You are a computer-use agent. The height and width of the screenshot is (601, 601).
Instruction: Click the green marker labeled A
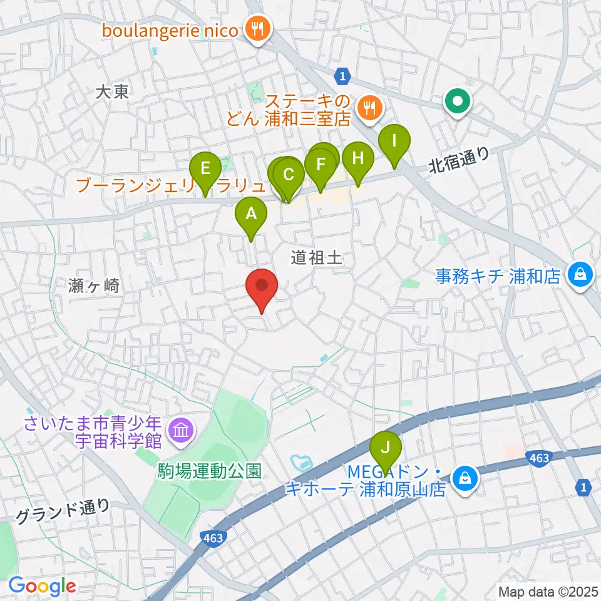[x=251, y=215]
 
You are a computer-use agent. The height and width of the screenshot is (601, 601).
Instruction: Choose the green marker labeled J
[x=386, y=448]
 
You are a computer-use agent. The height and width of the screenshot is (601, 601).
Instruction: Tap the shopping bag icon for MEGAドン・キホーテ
[x=465, y=479]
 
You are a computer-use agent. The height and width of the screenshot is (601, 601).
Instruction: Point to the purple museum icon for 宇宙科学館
[x=181, y=431]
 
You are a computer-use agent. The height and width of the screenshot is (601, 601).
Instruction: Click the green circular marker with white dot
[x=458, y=101]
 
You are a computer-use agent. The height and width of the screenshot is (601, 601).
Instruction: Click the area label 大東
[x=113, y=93]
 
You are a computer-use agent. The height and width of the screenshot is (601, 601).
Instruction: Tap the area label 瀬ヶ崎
[x=93, y=287]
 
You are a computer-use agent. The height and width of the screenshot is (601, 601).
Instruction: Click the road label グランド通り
[x=63, y=511]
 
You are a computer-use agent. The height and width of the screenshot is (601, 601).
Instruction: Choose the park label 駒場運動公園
[x=209, y=471]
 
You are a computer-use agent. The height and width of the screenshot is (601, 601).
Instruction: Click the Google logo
[x=42, y=586]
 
